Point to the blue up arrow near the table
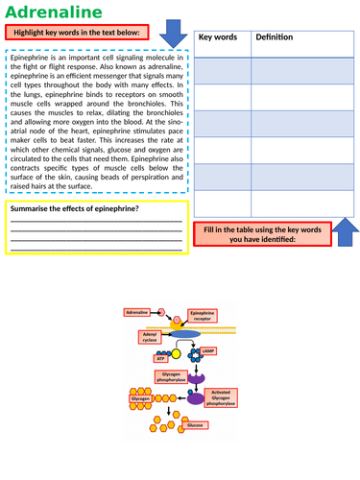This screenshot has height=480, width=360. [347, 230]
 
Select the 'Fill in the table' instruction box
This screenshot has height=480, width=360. [261, 233]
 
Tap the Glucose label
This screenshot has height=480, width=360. [195, 423]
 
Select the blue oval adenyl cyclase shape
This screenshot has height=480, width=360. [187, 336]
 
